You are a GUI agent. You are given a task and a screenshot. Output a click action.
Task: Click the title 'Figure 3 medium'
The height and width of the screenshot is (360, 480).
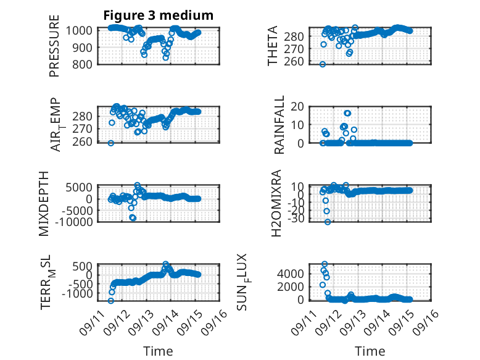(x=159, y=15)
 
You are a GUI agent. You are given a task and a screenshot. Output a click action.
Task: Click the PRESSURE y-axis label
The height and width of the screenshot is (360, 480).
(x=54, y=46)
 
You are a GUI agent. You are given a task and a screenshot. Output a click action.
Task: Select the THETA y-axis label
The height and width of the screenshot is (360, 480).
(x=272, y=46)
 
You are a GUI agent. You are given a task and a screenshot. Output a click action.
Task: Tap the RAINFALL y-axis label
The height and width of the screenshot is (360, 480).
(x=279, y=125)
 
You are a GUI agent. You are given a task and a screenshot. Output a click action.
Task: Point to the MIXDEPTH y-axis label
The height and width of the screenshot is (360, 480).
(x=44, y=204)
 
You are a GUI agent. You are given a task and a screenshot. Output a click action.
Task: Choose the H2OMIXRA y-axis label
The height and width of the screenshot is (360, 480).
(x=276, y=203)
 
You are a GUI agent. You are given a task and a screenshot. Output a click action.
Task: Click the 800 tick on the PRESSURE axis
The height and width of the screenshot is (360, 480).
(x=81, y=64)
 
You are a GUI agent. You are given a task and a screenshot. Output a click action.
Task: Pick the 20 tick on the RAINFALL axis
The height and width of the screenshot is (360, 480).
(x=297, y=107)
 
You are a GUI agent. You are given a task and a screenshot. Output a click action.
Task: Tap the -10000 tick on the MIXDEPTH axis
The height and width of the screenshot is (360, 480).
(x=74, y=222)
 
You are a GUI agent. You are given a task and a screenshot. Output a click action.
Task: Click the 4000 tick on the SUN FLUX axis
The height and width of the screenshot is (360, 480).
(x=291, y=274)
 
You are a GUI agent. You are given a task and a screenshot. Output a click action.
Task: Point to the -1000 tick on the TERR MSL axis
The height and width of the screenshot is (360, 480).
(x=77, y=293)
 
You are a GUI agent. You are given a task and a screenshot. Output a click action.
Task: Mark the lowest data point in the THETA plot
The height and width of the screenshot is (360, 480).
(x=322, y=64)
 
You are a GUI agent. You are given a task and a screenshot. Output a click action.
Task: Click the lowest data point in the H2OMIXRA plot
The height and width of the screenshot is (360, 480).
(x=328, y=222)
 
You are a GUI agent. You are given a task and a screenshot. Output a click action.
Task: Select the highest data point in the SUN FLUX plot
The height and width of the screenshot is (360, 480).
(x=325, y=264)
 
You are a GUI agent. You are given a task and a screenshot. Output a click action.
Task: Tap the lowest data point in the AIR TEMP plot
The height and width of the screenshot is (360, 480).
(x=111, y=143)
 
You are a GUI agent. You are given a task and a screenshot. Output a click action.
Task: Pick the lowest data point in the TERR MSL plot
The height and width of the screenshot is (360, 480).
(x=111, y=301)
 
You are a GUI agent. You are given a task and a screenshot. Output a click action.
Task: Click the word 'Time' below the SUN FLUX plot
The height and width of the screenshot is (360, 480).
(x=370, y=351)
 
